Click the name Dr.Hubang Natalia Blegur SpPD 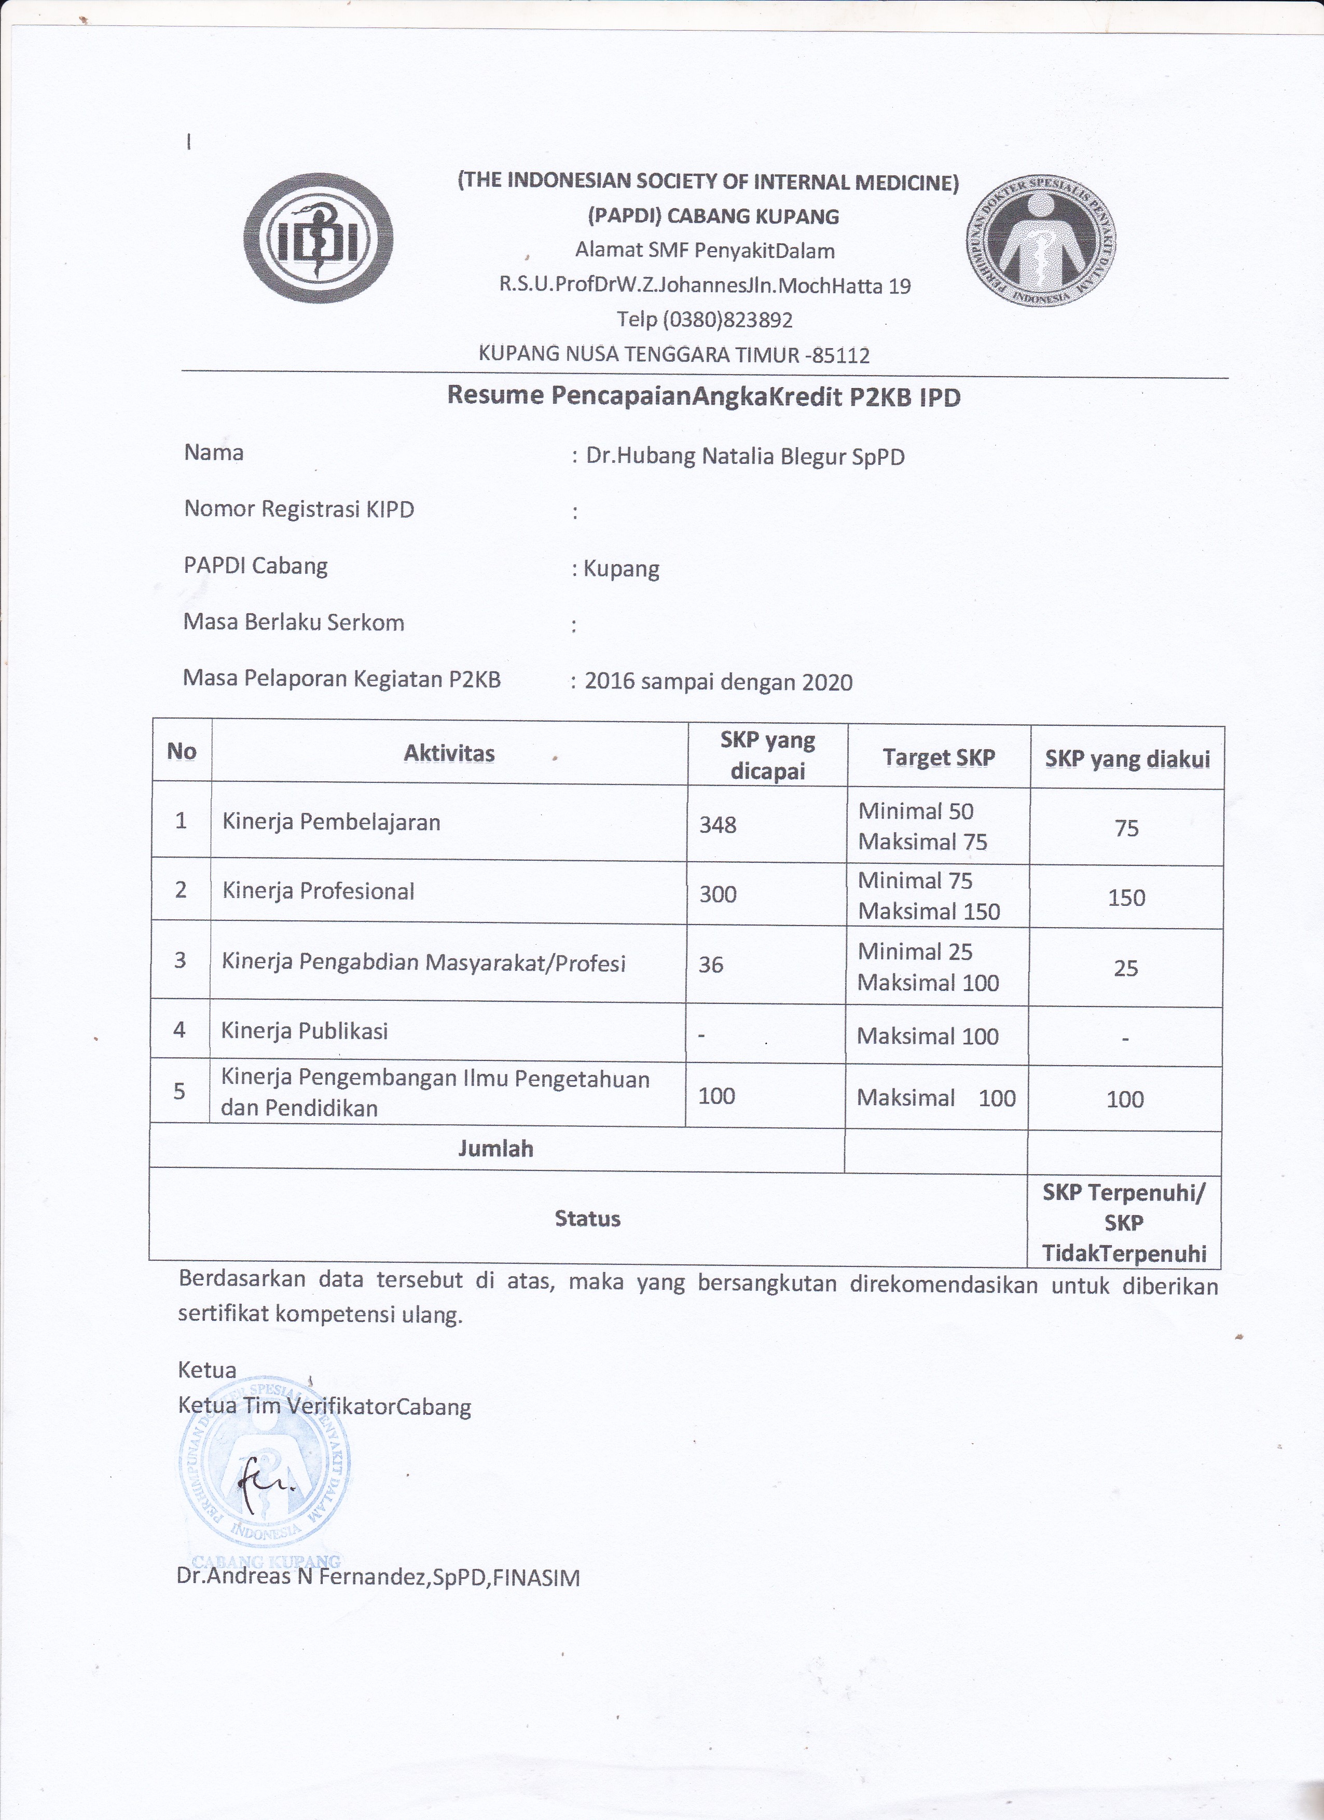pyautogui.click(x=746, y=457)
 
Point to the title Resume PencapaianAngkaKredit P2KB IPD pyautogui.click(x=703, y=396)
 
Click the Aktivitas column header pyautogui.click(x=449, y=753)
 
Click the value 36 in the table pyautogui.click(x=711, y=964)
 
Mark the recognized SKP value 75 pyautogui.click(x=1127, y=828)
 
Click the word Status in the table pyautogui.click(x=587, y=1219)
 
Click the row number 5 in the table pyautogui.click(x=180, y=1091)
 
